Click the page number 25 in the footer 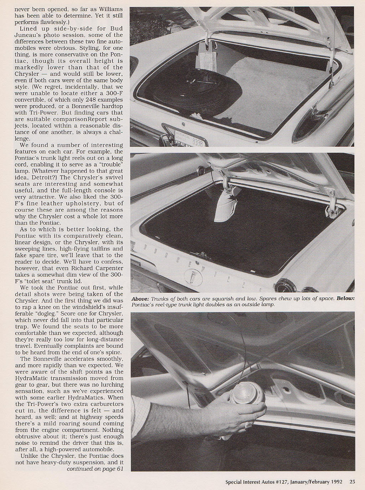click(x=352, y=481)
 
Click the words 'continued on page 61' click(x=95, y=469)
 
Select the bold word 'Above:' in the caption click(x=140, y=298)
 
